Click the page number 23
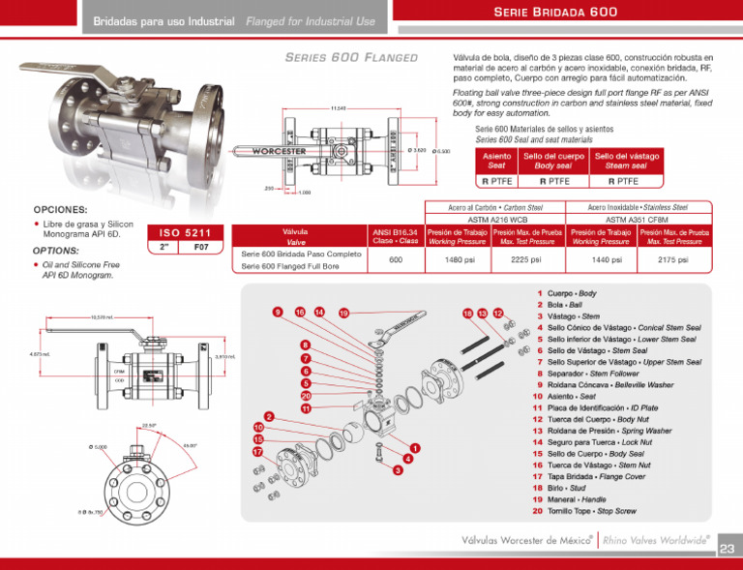pyautogui.click(x=728, y=550)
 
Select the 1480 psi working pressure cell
pyautogui.click(x=458, y=260)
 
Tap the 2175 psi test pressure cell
pyautogui.click(x=672, y=260)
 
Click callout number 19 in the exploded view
pyautogui.click(x=343, y=313)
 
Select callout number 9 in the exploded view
pyautogui.click(x=278, y=312)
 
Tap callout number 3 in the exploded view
pyautogui.click(x=397, y=470)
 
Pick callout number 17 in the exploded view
pyautogui.click(x=258, y=452)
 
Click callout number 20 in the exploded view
pyautogui.click(x=306, y=395)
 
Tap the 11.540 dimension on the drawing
pyautogui.click(x=338, y=107)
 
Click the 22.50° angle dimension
pyautogui.click(x=148, y=424)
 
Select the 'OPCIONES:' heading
pyautogui.click(x=60, y=209)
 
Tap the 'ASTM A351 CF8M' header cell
pyautogui.click(x=639, y=220)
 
